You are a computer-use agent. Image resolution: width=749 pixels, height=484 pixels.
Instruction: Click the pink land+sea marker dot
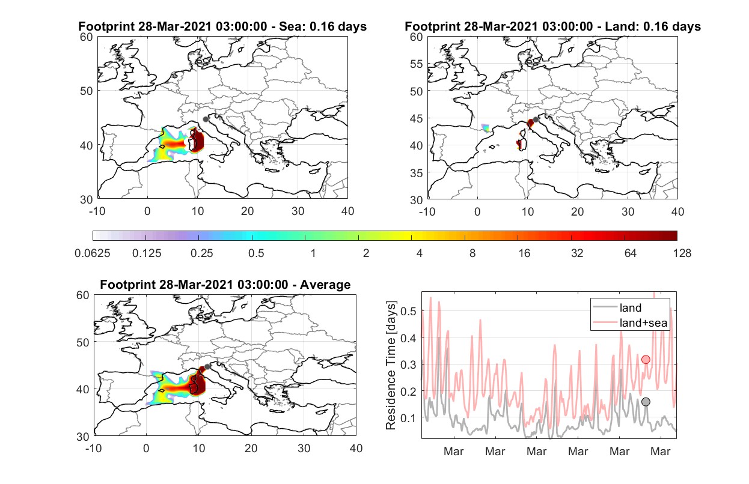[x=646, y=360]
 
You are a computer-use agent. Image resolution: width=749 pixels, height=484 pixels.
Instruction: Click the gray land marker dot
[x=646, y=402]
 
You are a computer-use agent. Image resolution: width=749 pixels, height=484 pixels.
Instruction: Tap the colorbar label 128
[x=682, y=253]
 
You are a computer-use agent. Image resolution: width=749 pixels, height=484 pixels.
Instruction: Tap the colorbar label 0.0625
[x=93, y=253]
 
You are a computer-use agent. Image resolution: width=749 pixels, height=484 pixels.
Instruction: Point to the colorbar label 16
[x=524, y=253]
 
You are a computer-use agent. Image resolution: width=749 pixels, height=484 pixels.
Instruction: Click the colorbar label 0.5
[x=256, y=253]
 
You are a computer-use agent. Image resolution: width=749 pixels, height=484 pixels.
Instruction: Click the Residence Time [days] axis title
[x=390, y=365]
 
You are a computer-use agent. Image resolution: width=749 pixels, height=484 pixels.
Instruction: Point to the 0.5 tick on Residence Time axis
[x=408, y=311]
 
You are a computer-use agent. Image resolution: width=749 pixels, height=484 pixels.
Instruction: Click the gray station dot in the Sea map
[x=206, y=119]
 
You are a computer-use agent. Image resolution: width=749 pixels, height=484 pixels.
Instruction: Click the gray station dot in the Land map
[x=536, y=119]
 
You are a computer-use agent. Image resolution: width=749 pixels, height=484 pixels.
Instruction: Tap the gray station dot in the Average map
[x=207, y=367]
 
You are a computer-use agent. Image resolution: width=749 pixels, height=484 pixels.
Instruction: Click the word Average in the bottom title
[x=325, y=285]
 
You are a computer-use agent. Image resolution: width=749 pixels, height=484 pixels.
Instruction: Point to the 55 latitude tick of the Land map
[x=417, y=64]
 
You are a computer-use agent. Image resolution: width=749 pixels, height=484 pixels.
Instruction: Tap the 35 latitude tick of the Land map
[x=417, y=173]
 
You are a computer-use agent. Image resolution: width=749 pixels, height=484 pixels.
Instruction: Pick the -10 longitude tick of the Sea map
[x=97, y=211]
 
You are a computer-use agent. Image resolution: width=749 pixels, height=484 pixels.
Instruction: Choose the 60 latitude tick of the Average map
[x=83, y=295]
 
